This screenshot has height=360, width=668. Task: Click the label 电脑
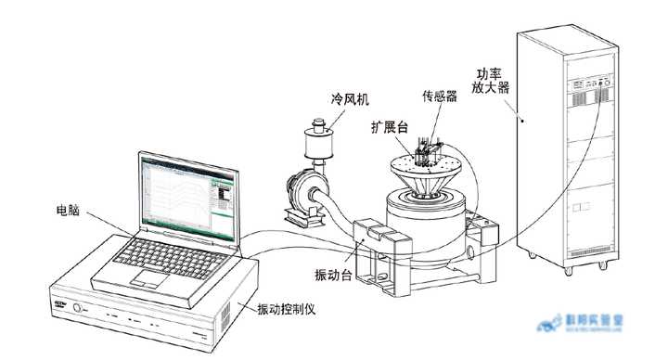67,212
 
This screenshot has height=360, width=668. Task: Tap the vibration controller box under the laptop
139,311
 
